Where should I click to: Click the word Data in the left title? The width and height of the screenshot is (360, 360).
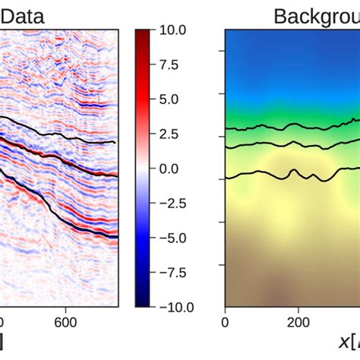click(x=21, y=15)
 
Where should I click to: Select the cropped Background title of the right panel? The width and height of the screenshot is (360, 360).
click(x=316, y=15)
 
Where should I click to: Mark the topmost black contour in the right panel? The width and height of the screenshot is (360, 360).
click(x=289, y=126)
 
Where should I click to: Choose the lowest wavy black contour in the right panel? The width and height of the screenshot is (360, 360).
click(x=289, y=175)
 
